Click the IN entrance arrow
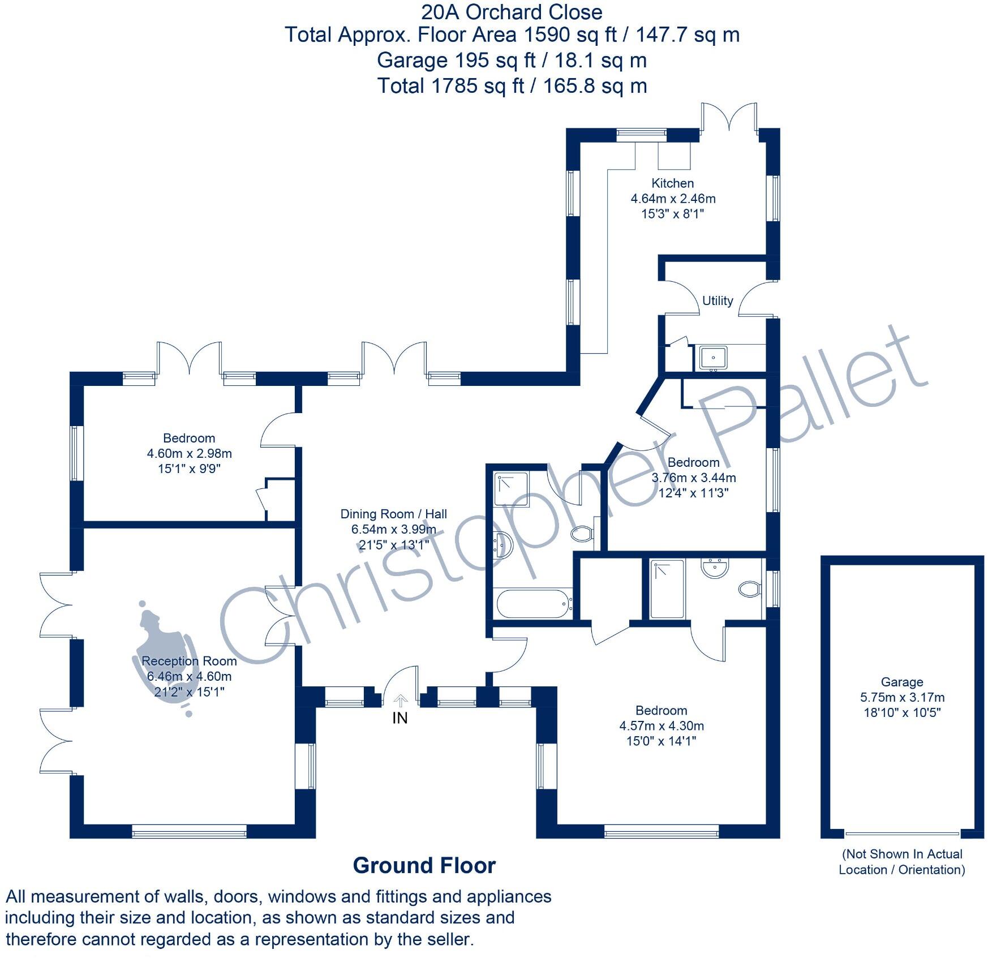(400, 702)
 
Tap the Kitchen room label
(672, 183)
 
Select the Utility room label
(717, 301)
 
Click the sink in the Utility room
(714, 358)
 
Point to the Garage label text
(901, 682)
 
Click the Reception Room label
(189, 661)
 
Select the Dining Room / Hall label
(393, 514)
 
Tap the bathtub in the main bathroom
(532, 604)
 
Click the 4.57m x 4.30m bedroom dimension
(661, 726)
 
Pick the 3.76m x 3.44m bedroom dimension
(693, 478)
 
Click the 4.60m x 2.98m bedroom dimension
(189, 454)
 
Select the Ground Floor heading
(424, 866)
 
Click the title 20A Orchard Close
(511, 12)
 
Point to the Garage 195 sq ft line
(511, 61)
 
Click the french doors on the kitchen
(729, 119)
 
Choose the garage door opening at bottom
(902, 834)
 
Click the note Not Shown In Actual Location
(901, 862)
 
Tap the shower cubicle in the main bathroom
(512, 489)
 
